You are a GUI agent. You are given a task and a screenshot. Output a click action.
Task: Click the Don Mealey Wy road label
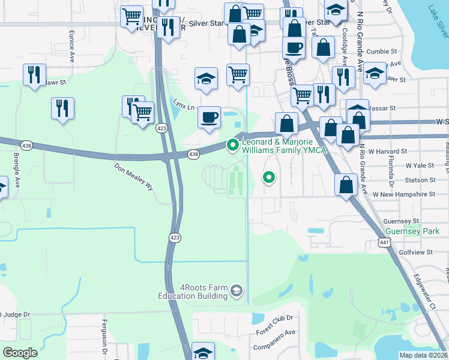[x=134, y=176]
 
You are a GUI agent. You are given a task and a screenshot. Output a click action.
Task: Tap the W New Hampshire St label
[x=403, y=194]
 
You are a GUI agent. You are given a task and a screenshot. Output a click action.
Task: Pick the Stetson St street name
[x=420, y=179]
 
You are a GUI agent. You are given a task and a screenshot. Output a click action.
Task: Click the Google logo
[x=20, y=353]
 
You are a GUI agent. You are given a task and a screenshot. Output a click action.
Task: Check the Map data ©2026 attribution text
[x=424, y=355]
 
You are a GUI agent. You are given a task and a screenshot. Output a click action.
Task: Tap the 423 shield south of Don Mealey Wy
[x=174, y=238]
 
